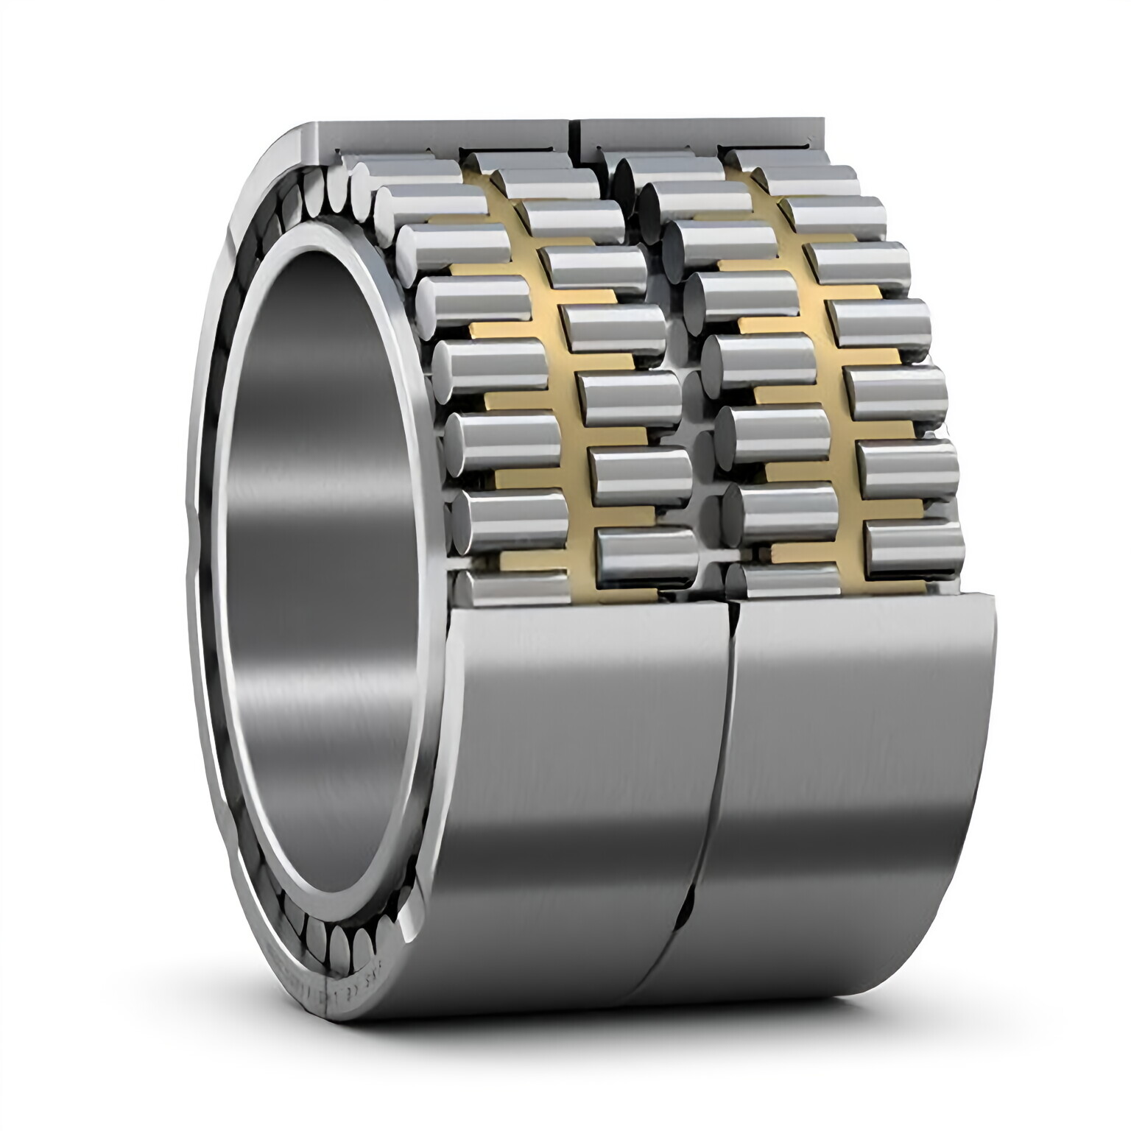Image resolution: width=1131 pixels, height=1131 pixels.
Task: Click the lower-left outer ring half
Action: (574, 810)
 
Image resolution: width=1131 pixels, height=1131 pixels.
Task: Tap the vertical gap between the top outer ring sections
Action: (575, 136)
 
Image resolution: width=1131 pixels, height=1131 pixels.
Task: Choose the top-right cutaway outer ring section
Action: (700, 133)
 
